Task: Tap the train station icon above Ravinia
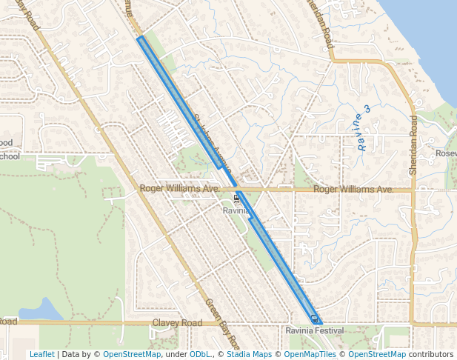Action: point(236,198)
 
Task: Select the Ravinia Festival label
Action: point(316,330)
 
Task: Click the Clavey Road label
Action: point(177,323)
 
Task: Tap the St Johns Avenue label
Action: point(213,139)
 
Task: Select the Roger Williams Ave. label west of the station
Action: point(179,190)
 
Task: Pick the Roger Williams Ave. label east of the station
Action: point(353,190)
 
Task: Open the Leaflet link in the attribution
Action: point(41,354)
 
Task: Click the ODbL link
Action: point(200,354)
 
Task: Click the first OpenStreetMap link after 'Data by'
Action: point(132,354)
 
